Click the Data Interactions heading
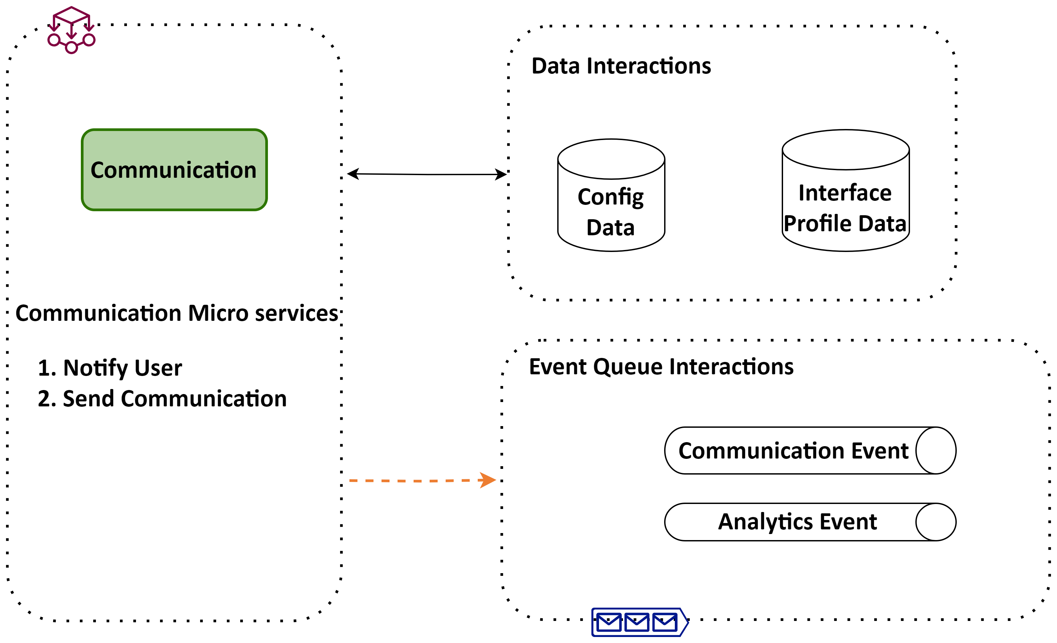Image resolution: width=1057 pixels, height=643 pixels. point(621,66)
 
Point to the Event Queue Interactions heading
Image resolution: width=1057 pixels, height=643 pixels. point(661,367)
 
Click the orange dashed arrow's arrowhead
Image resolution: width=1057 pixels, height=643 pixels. point(488,480)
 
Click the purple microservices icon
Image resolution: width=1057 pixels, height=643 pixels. point(71,30)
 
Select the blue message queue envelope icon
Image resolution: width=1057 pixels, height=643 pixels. point(639,622)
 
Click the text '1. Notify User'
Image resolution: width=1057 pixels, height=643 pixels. point(110,368)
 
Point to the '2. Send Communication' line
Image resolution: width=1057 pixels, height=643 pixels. point(162,399)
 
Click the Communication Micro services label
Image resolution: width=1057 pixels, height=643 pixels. point(177,313)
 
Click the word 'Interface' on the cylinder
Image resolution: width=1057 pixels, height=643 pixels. point(845,193)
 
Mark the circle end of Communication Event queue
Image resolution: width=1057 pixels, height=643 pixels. point(936,451)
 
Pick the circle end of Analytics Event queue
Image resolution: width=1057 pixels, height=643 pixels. point(936,522)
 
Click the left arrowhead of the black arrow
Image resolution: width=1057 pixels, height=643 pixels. point(353,174)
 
